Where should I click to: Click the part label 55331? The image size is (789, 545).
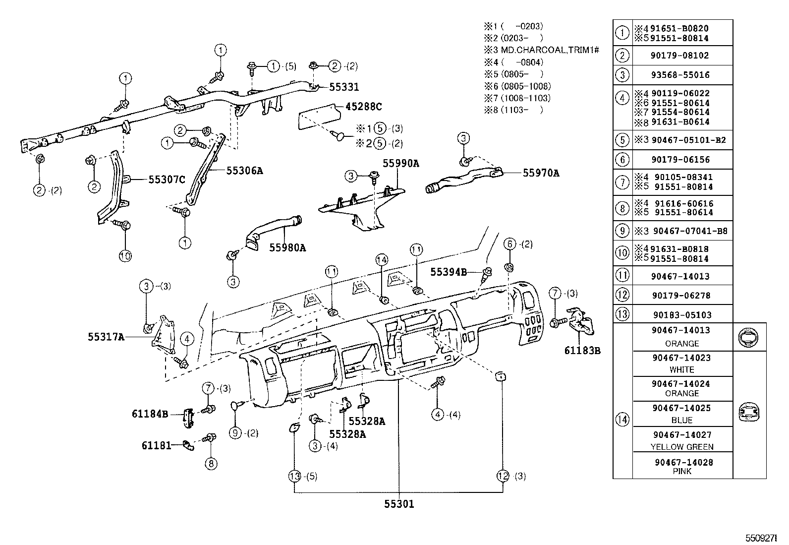tap(344, 87)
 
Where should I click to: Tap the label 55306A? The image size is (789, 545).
tap(244, 171)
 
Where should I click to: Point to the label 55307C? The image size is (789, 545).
tap(167, 180)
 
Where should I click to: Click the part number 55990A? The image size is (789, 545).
tap(400, 163)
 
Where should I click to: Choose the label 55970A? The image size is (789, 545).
tap(541, 173)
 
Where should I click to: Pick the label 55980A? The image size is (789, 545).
tap(287, 247)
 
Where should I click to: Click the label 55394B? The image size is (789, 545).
tap(448, 272)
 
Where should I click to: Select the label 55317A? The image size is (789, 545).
tap(106, 337)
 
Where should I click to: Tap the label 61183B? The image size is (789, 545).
tap(582, 351)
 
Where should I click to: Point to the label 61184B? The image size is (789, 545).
tap(150, 414)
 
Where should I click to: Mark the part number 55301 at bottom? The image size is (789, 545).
tap(398, 504)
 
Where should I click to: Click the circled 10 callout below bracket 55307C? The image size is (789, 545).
tap(125, 256)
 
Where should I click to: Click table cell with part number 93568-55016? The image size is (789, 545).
tap(682, 75)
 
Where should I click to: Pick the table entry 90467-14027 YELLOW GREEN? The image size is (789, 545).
tap(682, 440)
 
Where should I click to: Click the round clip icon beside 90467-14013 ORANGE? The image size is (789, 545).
tap(748, 337)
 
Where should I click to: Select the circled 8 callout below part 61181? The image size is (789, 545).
tap(211, 464)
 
